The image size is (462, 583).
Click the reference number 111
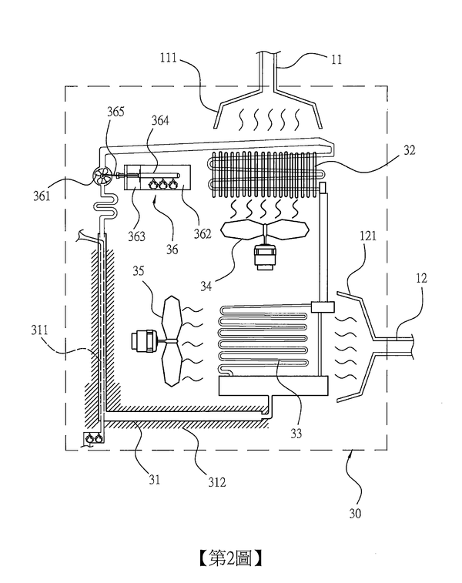169,58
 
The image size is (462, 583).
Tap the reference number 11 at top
336,59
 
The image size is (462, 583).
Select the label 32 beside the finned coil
409,150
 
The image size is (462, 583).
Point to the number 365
115,112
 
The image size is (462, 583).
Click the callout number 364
160,120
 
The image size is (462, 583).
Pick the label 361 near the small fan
42,196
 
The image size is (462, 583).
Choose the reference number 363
136,236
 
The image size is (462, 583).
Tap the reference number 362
203,233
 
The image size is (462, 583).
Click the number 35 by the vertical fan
139,270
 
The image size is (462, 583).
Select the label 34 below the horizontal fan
206,286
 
